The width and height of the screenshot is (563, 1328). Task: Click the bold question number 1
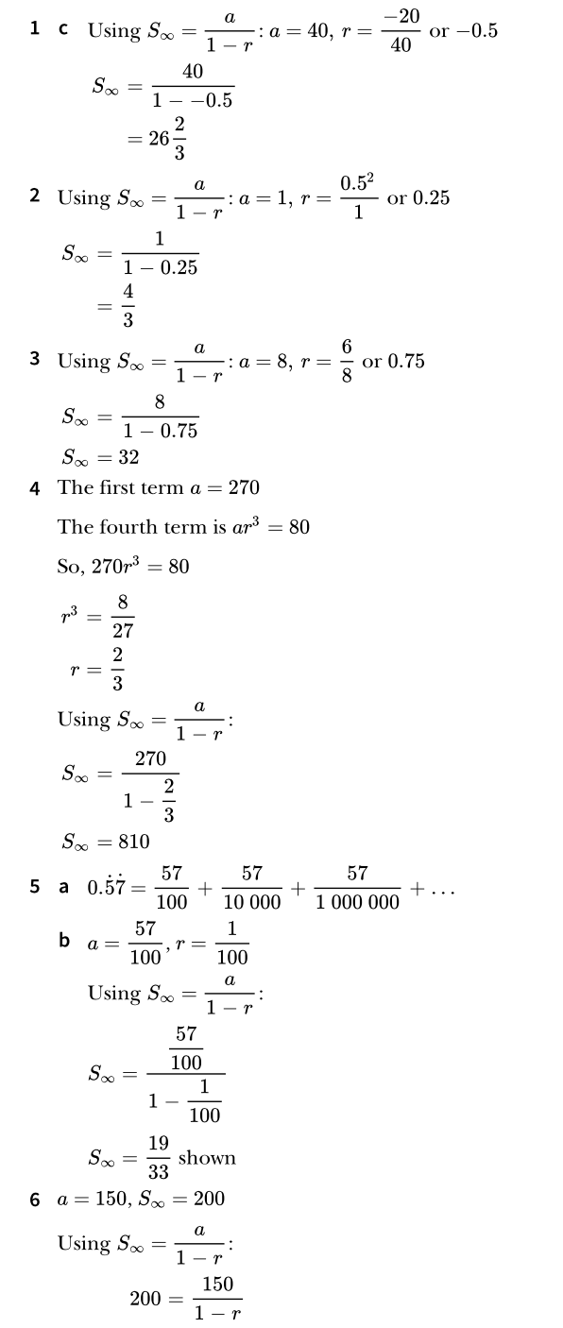(x=35, y=28)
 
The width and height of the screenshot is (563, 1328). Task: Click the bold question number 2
(x=35, y=196)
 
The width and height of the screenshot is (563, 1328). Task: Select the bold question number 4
(x=35, y=487)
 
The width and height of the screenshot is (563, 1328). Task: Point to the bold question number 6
(x=35, y=1200)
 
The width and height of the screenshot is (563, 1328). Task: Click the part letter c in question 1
(x=63, y=28)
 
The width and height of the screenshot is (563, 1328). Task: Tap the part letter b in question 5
(x=64, y=940)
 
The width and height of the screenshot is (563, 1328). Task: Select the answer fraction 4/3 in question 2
(x=128, y=308)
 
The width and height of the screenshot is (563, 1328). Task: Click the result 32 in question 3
(x=128, y=457)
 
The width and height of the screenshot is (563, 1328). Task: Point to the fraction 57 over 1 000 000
(x=357, y=888)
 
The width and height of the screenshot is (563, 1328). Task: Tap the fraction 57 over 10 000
(x=251, y=888)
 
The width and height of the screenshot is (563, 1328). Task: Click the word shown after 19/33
(x=207, y=1158)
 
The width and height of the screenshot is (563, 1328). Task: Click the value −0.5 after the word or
(x=476, y=29)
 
